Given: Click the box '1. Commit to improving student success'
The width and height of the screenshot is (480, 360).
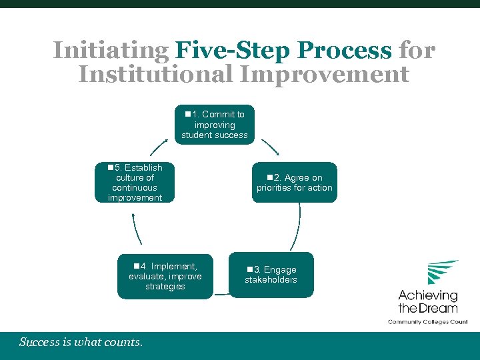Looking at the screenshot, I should tap(214, 125).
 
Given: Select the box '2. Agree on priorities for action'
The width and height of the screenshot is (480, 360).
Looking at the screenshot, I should tap(294, 183).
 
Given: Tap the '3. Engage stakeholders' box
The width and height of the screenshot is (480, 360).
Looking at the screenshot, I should tap(271, 275).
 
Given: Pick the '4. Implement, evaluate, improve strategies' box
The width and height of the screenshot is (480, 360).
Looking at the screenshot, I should tap(165, 276).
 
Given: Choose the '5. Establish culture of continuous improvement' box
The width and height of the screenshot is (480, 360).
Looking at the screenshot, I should tap(135, 183).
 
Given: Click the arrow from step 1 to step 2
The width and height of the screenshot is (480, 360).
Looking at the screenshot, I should tap(270, 147).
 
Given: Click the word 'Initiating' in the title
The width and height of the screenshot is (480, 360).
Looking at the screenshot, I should tap(111, 50).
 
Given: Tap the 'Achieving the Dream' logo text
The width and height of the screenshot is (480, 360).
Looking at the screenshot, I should tap(428, 301).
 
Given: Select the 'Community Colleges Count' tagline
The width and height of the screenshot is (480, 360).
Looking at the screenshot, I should tap(428, 321).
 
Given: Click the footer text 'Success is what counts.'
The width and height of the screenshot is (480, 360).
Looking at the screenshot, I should tap(81, 342).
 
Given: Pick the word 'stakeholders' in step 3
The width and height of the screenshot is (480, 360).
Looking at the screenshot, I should tap(271, 280).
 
